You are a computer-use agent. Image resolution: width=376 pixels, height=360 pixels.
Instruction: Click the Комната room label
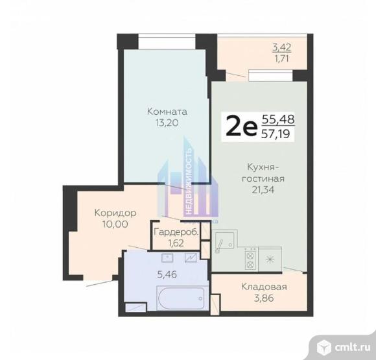[x=167, y=112]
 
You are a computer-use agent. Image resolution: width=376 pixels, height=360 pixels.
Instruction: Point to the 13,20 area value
[x=167, y=123]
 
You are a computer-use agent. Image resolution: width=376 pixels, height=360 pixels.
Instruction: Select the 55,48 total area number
[x=277, y=119]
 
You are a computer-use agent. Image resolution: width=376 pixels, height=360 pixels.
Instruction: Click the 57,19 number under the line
[x=276, y=134]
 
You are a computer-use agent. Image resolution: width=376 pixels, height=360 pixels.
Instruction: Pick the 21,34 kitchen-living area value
[x=263, y=189]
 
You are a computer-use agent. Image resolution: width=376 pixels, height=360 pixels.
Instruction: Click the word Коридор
[x=115, y=213]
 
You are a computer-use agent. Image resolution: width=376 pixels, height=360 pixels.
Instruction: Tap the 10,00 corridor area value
[x=115, y=224]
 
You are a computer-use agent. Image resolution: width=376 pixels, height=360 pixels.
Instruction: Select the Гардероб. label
[x=176, y=232]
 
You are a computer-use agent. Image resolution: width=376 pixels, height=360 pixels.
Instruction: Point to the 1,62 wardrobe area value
[x=176, y=243]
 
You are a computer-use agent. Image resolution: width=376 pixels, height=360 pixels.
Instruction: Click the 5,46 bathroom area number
[x=167, y=274]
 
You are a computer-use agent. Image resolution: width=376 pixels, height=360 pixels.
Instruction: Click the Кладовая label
[x=264, y=287]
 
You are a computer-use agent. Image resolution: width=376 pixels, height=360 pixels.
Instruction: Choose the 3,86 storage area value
[x=264, y=298]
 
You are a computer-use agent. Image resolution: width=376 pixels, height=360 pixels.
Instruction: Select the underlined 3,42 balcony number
[x=282, y=47]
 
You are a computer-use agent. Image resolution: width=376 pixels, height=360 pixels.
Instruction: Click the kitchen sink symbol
[x=224, y=241]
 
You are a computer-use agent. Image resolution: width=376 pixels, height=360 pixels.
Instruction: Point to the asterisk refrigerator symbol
[x=270, y=259]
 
